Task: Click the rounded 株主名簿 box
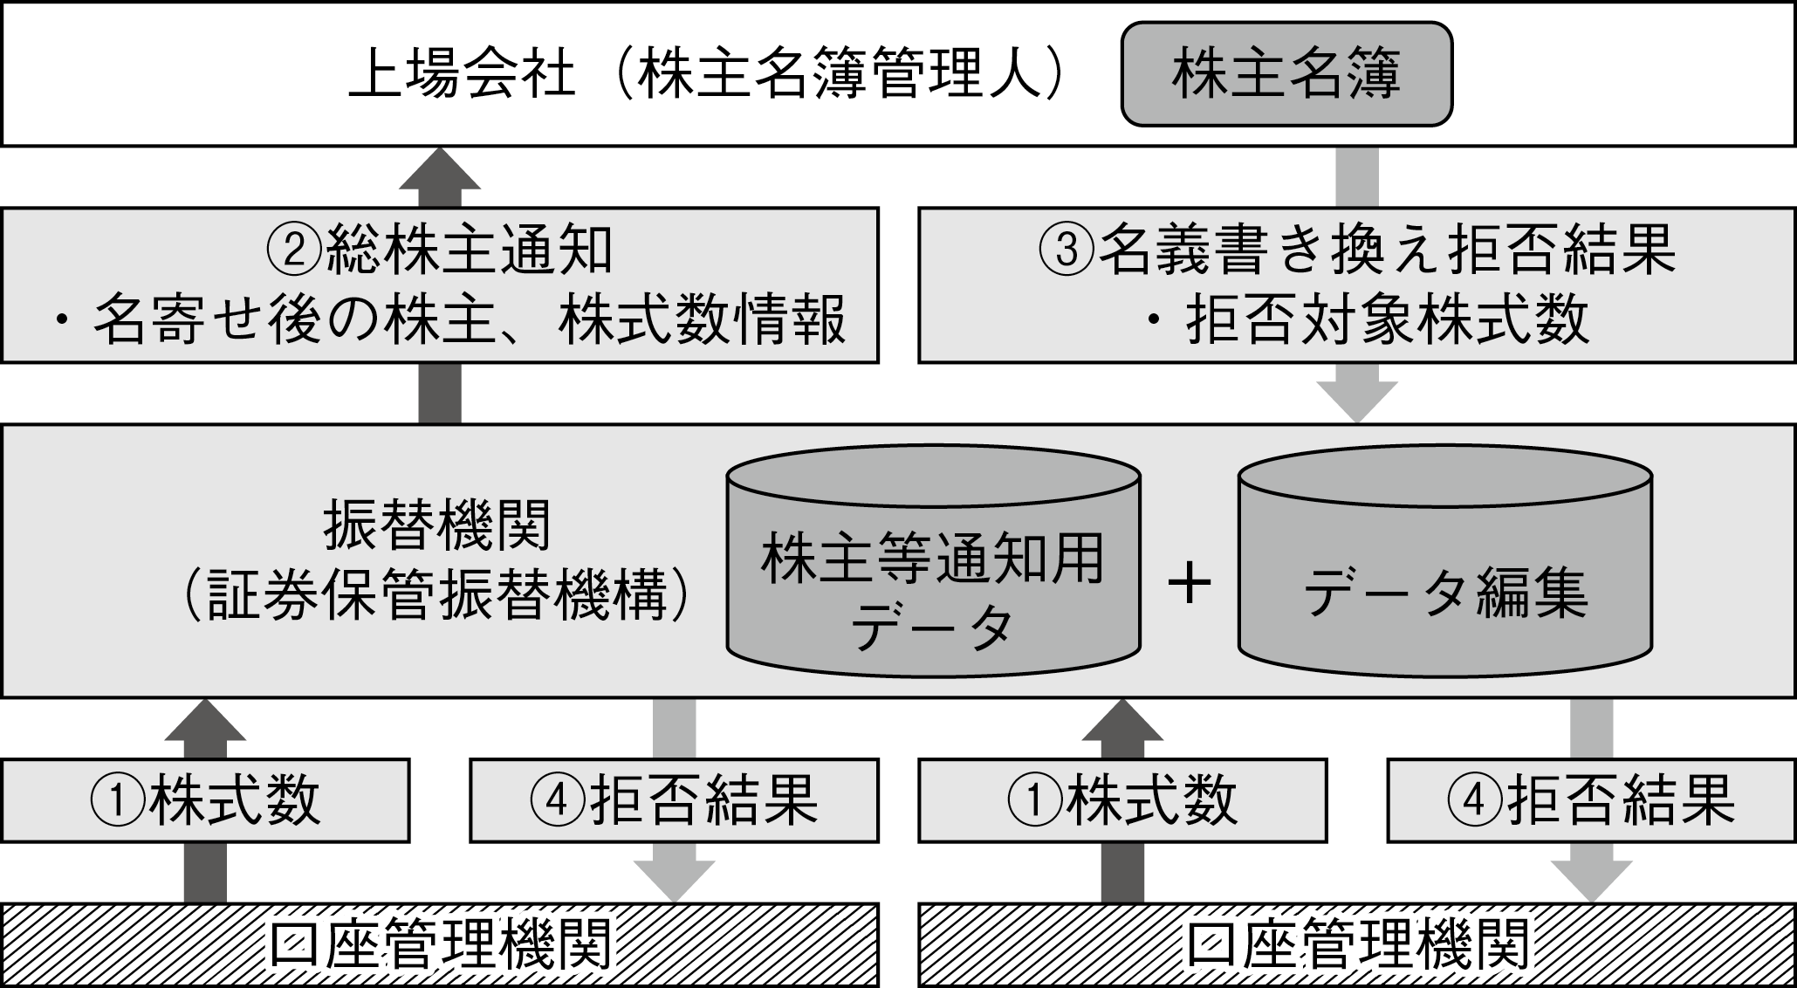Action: click(1286, 74)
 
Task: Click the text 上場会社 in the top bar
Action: click(463, 76)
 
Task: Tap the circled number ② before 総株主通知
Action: click(296, 250)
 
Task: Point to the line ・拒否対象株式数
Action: click(1367, 321)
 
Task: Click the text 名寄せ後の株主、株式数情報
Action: click(470, 321)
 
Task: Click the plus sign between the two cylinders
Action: click(1190, 583)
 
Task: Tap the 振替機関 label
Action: click(436, 526)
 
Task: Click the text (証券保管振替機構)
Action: click(436, 596)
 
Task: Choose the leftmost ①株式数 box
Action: click(205, 800)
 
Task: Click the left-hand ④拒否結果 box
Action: click(674, 800)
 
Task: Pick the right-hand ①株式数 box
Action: click(1122, 800)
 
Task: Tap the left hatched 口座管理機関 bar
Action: click(440, 945)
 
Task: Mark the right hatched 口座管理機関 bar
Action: click(1357, 945)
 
